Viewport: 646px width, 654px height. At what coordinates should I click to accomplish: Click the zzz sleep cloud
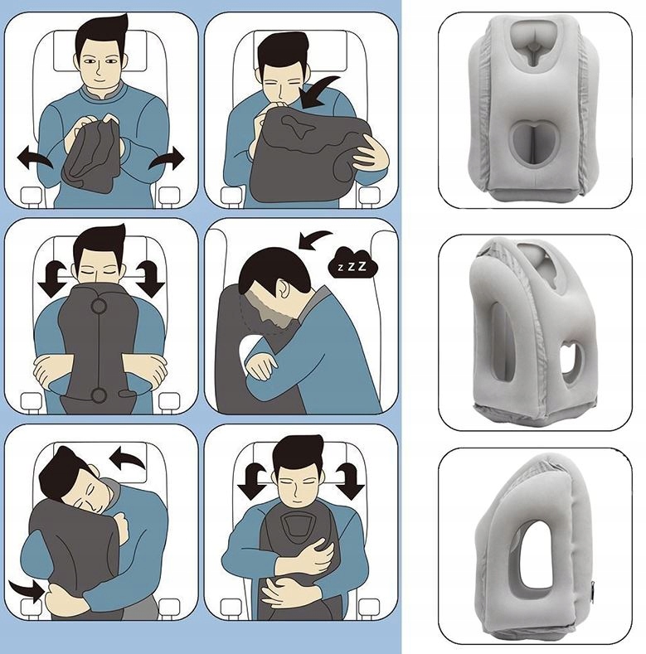(352, 264)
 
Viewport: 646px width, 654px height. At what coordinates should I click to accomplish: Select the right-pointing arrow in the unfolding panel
(167, 157)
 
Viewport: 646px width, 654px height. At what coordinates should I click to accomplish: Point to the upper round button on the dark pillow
(99, 307)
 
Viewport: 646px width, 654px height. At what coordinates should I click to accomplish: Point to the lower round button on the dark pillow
(99, 395)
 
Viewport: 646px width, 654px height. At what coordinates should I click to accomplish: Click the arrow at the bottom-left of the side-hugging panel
(27, 589)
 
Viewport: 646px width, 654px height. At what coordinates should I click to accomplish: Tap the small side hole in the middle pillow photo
(570, 362)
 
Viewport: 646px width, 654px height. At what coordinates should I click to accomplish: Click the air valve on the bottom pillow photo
(593, 587)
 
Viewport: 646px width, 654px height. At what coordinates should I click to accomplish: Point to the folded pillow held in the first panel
(91, 154)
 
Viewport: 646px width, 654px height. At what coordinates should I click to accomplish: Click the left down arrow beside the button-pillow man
(51, 279)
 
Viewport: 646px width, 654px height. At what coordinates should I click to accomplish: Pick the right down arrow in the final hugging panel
(350, 481)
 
